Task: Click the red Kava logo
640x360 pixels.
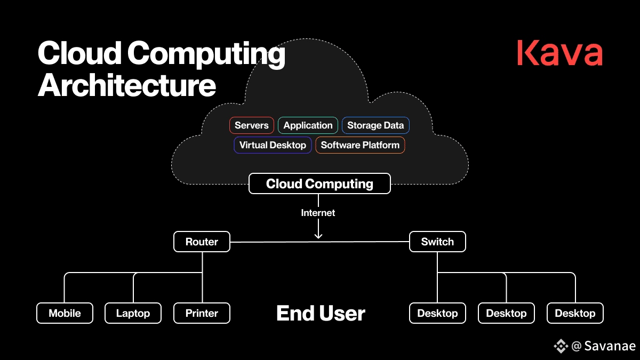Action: [559, 53]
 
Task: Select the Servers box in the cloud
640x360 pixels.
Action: [251, 125]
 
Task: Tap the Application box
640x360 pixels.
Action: [308, 125]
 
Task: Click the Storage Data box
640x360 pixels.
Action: [375, 125]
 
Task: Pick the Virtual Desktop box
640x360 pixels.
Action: [273, 145]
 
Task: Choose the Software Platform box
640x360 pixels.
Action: [360, 145]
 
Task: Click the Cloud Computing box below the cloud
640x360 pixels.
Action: [319, 183]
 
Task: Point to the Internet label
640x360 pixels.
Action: [318, 213]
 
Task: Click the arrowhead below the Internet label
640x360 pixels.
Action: [318, 236]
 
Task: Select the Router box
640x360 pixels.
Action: [202, 242]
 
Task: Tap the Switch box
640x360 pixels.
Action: [437, 242]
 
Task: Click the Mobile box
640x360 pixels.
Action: [65, 313]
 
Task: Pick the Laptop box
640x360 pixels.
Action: [133, 313]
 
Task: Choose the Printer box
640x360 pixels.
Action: [202, 313]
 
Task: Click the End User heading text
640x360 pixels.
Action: [321, 313]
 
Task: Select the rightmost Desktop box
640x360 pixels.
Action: [575, 313]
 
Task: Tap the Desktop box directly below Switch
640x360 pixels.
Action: [437, 313]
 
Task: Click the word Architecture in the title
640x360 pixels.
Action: [126, 85]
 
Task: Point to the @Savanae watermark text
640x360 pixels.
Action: [603, 346]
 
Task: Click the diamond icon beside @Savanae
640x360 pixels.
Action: [561, 346]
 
